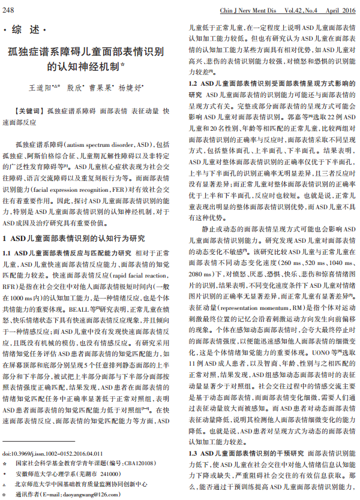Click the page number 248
(10, 10)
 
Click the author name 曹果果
(102, 88)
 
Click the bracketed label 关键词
(29, 111)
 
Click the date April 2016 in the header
(341, 10)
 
